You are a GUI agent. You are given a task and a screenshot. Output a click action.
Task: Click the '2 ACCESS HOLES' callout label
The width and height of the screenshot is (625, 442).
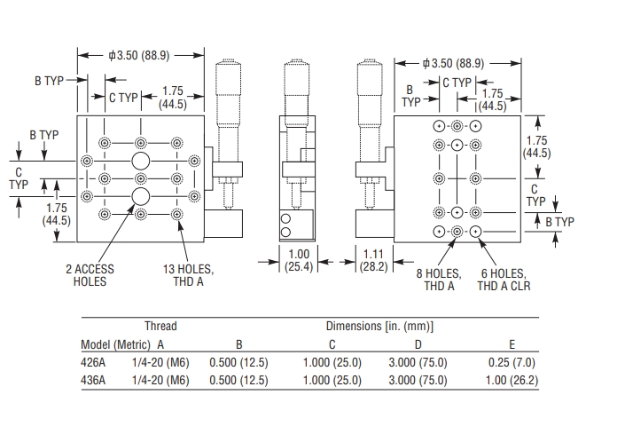click(89, 274)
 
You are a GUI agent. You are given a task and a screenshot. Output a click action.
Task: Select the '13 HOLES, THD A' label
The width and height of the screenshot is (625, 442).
click(189, 274)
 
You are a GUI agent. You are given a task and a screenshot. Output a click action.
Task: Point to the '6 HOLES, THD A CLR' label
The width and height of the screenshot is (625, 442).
click(501, 280)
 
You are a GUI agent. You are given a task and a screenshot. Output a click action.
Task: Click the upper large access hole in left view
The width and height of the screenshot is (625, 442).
click(140, 161)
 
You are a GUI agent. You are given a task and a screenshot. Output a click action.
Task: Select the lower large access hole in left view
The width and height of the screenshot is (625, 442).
click(140, 194)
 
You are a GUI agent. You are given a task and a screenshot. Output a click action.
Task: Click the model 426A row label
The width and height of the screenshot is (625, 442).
click(93, 362)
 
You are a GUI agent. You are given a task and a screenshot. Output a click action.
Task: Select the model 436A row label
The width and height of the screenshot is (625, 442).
click(93, 380)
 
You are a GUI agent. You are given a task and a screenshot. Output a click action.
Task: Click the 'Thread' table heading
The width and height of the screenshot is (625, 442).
click(160, 326)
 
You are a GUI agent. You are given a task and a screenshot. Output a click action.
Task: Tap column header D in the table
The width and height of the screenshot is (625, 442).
click(418, 344)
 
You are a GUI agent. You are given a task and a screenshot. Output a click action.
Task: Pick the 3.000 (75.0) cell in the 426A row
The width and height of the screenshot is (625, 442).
click(418, 362)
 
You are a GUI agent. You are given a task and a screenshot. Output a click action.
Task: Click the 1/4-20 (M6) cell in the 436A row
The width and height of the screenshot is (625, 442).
click(160, 380)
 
